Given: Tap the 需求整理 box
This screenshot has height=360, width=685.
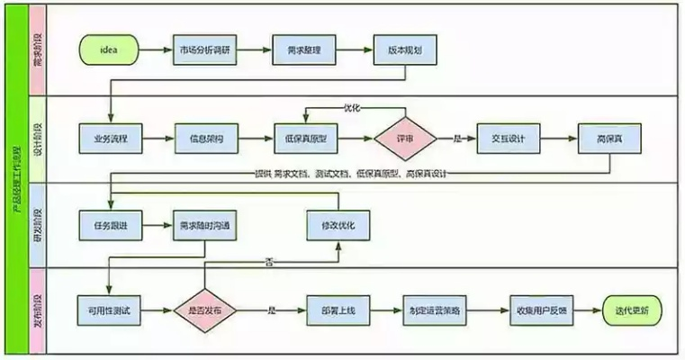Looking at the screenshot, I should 304,48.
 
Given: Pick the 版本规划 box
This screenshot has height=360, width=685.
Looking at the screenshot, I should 404,48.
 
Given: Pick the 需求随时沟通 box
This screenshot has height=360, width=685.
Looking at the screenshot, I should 204,223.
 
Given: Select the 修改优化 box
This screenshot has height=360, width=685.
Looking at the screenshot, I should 338,223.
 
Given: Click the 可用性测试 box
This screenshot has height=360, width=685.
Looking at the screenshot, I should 108,309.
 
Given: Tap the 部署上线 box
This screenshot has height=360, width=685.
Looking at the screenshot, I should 338,309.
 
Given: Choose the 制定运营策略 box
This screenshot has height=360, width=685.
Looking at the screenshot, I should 438,309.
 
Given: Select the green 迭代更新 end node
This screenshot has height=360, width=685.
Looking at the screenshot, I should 634,309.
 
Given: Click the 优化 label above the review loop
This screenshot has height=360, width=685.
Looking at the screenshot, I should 351,108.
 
